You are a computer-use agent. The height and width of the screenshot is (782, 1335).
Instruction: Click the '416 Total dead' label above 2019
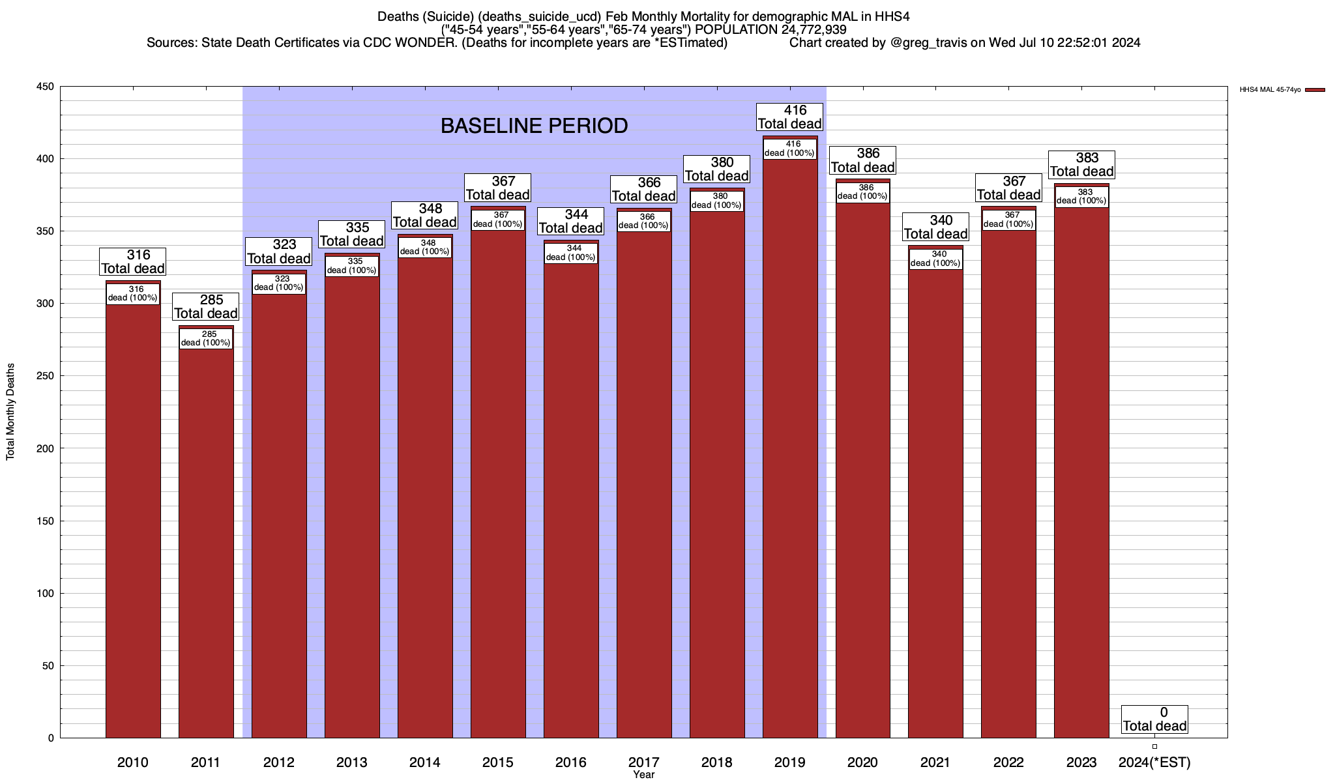[x=790, y=117]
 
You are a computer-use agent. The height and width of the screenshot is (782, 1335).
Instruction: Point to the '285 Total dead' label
[x=206, y=307]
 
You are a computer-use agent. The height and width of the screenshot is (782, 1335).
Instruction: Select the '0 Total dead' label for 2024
[x=1154, y=719]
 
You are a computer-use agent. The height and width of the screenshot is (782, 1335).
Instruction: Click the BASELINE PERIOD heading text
[x=534, y=126]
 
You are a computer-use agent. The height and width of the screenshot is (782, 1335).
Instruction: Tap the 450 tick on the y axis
[x=45, y=87]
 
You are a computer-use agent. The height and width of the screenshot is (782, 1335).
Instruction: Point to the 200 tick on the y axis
[x=45, y=448]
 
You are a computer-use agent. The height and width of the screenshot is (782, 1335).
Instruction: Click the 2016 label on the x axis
[x=570, y=762]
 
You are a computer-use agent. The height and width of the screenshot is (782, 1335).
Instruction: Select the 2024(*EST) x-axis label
[x=1154, y=762]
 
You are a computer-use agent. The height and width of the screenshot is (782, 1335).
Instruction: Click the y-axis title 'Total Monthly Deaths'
[x=10, y=412]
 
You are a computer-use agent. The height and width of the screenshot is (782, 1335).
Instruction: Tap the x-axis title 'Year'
[x=643, y=775]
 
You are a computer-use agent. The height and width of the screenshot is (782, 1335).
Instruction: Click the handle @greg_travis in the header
[x=928, y=43]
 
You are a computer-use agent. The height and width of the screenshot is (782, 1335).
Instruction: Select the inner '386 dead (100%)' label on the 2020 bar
[x=862, y=192]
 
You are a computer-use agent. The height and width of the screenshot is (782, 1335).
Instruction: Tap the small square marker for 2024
[x=1154, y=747]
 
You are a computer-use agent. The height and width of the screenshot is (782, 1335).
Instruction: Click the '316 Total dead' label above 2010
[x=133, y=262]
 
